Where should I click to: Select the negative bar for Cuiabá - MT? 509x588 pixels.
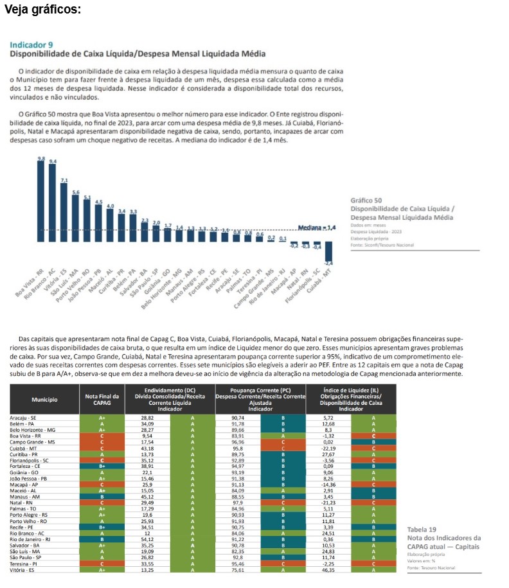click(328, 251)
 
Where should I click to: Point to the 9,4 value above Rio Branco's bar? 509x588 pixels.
click(53, 161)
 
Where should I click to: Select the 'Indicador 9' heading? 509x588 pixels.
click(31, 45)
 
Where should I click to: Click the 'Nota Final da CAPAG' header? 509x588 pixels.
click(102, 400)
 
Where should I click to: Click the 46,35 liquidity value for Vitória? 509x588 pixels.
click(328, 570)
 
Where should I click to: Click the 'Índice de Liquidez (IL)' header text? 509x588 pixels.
click(350, 389)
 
